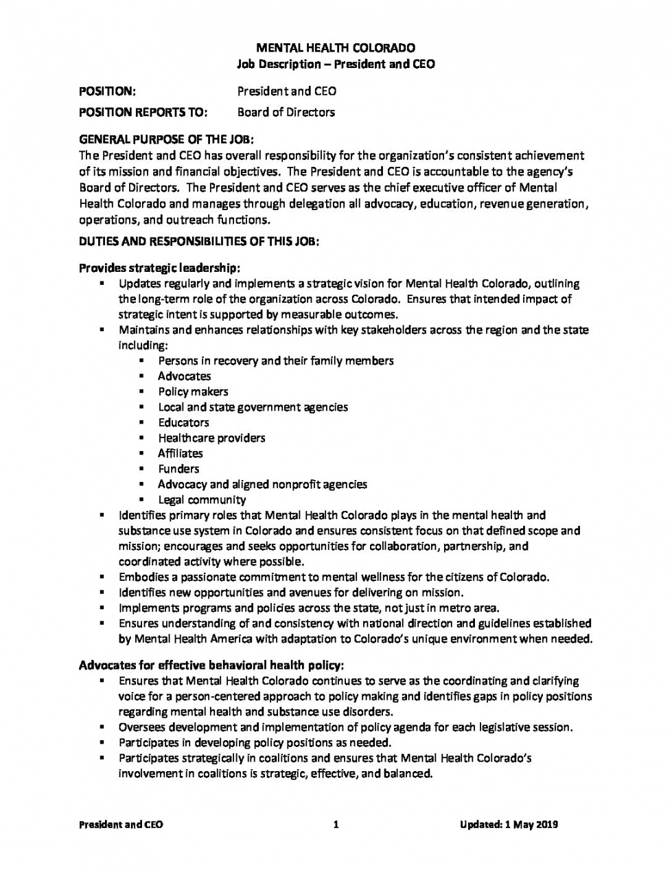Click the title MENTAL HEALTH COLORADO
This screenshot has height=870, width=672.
pos(335,48)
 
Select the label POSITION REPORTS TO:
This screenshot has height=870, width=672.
pos(143,112)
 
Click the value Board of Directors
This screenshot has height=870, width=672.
pos(286,112)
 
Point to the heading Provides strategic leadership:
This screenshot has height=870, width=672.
pos(159,267)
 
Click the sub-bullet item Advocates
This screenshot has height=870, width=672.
pos(184,376)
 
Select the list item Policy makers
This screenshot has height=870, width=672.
pos(193,391)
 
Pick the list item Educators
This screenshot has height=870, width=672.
pos(183,422)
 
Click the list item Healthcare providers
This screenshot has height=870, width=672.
pos(211,438)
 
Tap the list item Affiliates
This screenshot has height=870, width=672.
pos(181,453)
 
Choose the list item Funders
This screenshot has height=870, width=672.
pos(178,469)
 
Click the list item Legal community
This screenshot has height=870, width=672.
pos(202,500)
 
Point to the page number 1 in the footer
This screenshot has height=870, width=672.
pos(336,825)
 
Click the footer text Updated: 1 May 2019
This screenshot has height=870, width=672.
pos(509,825)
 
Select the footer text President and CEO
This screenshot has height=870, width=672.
pos(121,825)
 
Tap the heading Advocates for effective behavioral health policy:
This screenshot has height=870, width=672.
pos(211,665)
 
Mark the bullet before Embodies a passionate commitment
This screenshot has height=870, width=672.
pos(102,577)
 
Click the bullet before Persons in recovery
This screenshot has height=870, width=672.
pos(141,360)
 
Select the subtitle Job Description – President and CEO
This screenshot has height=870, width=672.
pos(335,64)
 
